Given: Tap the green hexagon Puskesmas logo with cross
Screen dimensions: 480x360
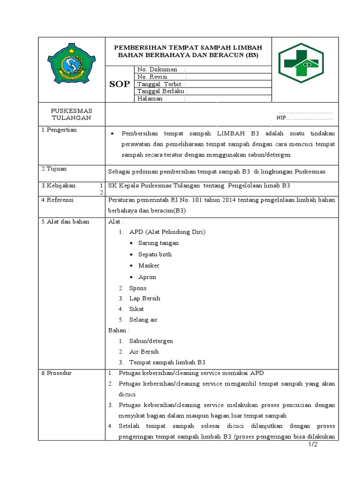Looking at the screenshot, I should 298,63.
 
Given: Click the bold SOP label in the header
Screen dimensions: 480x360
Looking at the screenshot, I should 119,84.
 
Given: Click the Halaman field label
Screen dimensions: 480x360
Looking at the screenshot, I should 150,99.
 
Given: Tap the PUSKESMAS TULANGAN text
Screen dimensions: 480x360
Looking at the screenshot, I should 72,114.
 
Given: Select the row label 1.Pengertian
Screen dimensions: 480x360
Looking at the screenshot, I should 59,130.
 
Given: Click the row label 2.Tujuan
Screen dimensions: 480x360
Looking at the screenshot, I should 54,169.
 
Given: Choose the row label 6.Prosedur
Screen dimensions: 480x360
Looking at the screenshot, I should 56,373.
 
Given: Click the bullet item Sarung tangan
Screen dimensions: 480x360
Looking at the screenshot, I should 158,243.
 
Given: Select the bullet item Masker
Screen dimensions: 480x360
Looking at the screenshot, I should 149,265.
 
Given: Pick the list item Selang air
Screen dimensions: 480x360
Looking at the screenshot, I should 143,320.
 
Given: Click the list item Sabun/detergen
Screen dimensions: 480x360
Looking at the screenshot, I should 151,341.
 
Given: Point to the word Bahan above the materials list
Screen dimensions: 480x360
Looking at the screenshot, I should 117,330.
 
